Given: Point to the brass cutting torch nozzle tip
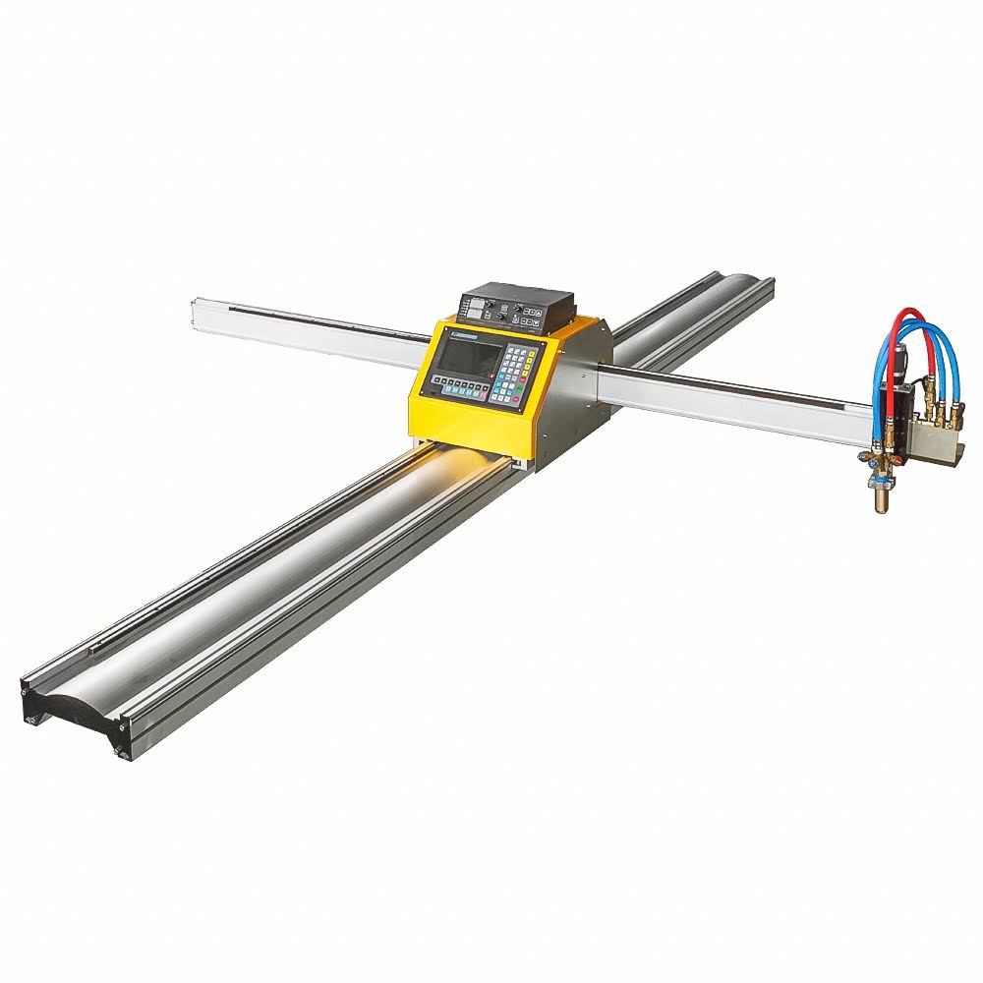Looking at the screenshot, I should pos(881,502).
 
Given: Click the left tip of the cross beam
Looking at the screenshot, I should pos(196,313).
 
